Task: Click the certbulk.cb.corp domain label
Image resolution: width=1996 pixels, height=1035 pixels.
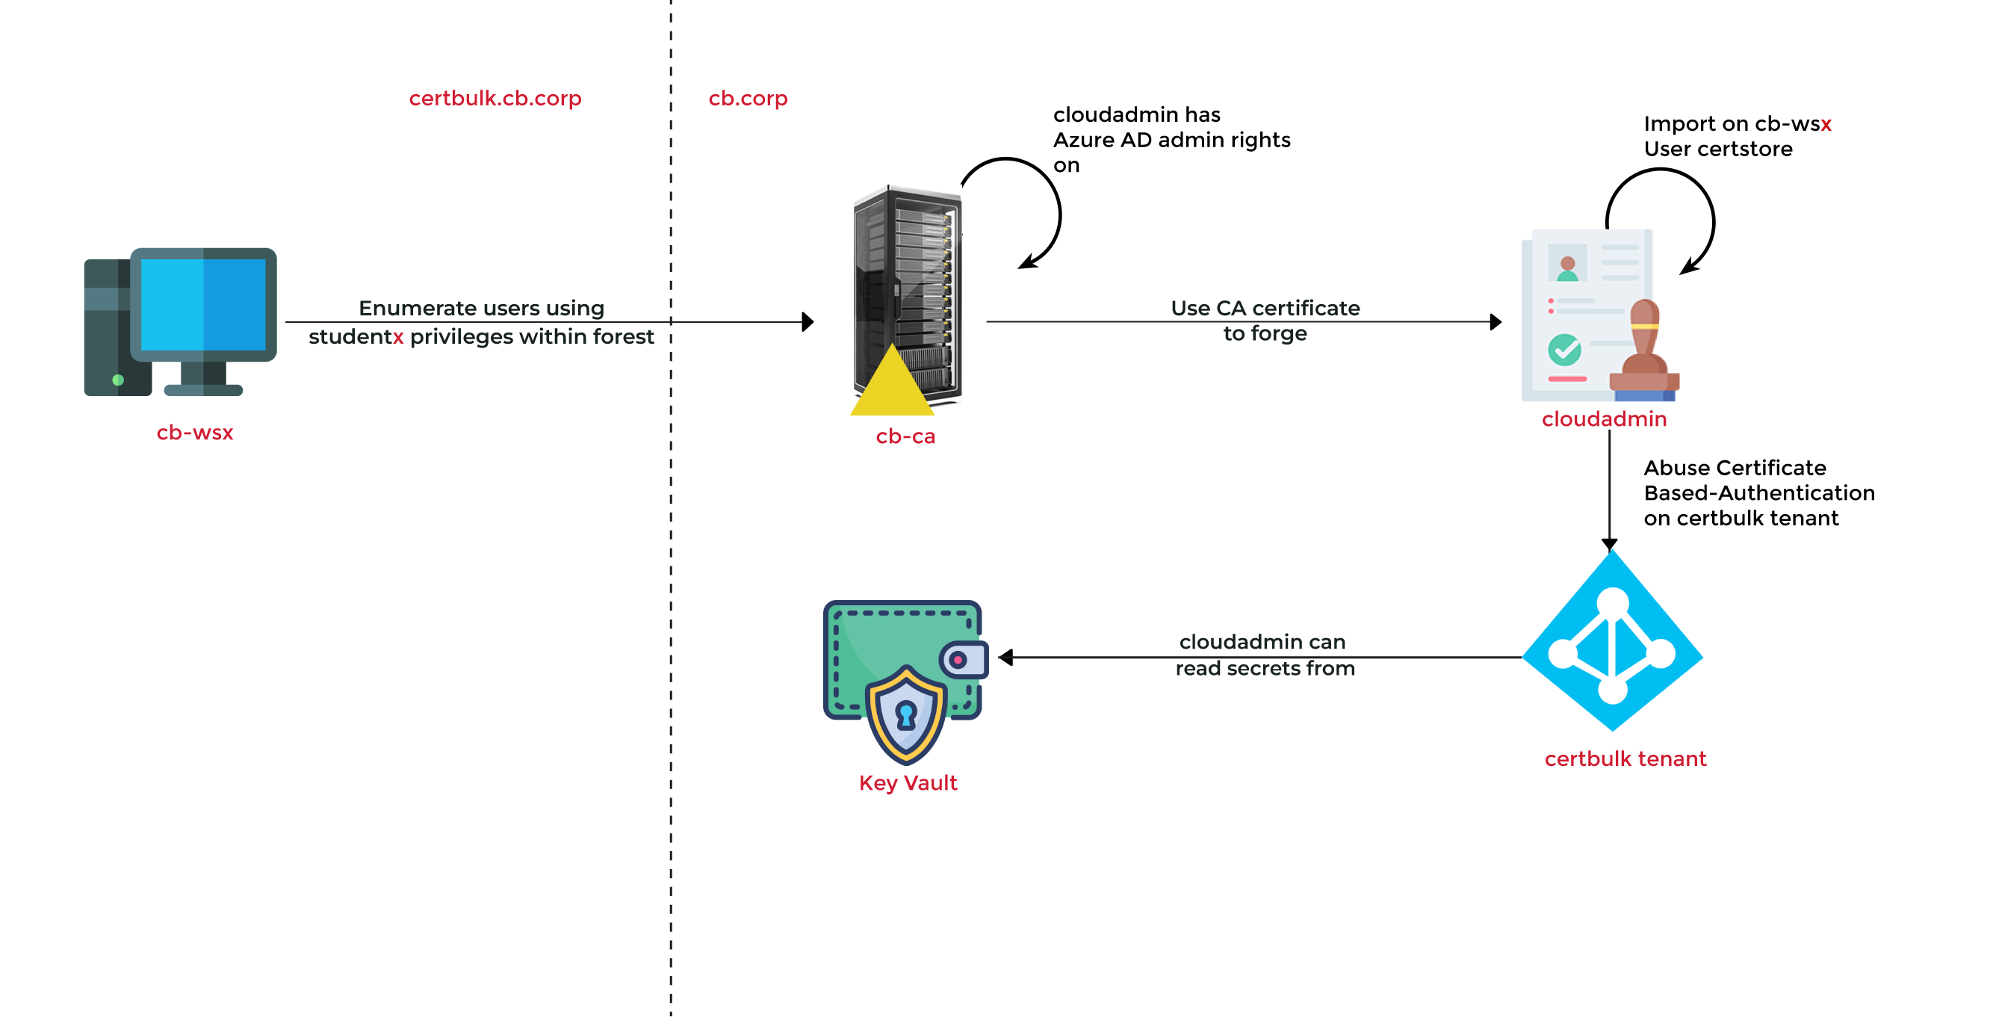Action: click(x=495, y=99)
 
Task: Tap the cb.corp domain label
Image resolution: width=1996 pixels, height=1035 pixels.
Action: click(x=748, y=99)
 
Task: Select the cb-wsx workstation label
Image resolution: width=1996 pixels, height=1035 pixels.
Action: click(x=194, y=433)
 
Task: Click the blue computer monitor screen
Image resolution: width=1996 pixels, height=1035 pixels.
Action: click(x=203, y=304)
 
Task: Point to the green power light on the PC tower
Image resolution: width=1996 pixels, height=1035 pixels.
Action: click(x=118, y=380)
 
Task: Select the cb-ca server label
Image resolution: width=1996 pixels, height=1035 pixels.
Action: click(x=905, y=436)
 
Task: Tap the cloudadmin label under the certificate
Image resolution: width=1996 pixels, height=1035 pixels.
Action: click(x=1604, y=419)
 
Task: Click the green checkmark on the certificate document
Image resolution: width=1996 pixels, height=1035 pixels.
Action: click(x=1564, y=350)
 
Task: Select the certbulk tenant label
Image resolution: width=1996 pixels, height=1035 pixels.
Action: click(x=1625, y=759)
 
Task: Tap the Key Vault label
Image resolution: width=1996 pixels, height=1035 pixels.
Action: click(x=908, y=783)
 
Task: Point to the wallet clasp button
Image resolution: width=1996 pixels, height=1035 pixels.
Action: click(x=959, y=660)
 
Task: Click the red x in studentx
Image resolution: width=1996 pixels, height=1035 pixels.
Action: click(x=398, y=337)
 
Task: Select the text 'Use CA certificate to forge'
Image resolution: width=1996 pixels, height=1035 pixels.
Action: click(x=1265, y=320)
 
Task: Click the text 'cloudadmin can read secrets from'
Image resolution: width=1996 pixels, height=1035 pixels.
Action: click(x=1264, y=655)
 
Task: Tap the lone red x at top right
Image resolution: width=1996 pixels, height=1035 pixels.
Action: click(x=1826, y=125)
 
